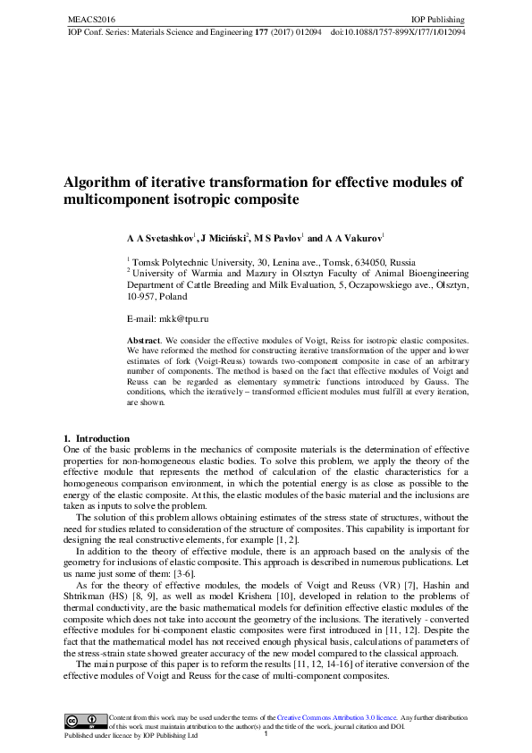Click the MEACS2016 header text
[87, 19]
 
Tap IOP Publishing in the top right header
[437, 19]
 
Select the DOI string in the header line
[398, 30]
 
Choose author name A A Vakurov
[353, 240]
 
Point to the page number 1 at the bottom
[266, 734]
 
